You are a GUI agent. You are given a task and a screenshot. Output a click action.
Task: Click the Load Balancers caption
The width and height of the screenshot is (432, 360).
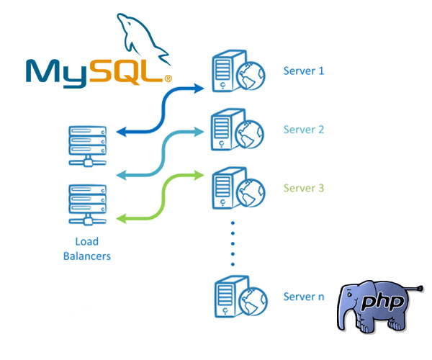coord(87,248)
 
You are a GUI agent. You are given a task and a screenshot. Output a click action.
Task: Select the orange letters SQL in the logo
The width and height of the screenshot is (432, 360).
coord(134,69)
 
